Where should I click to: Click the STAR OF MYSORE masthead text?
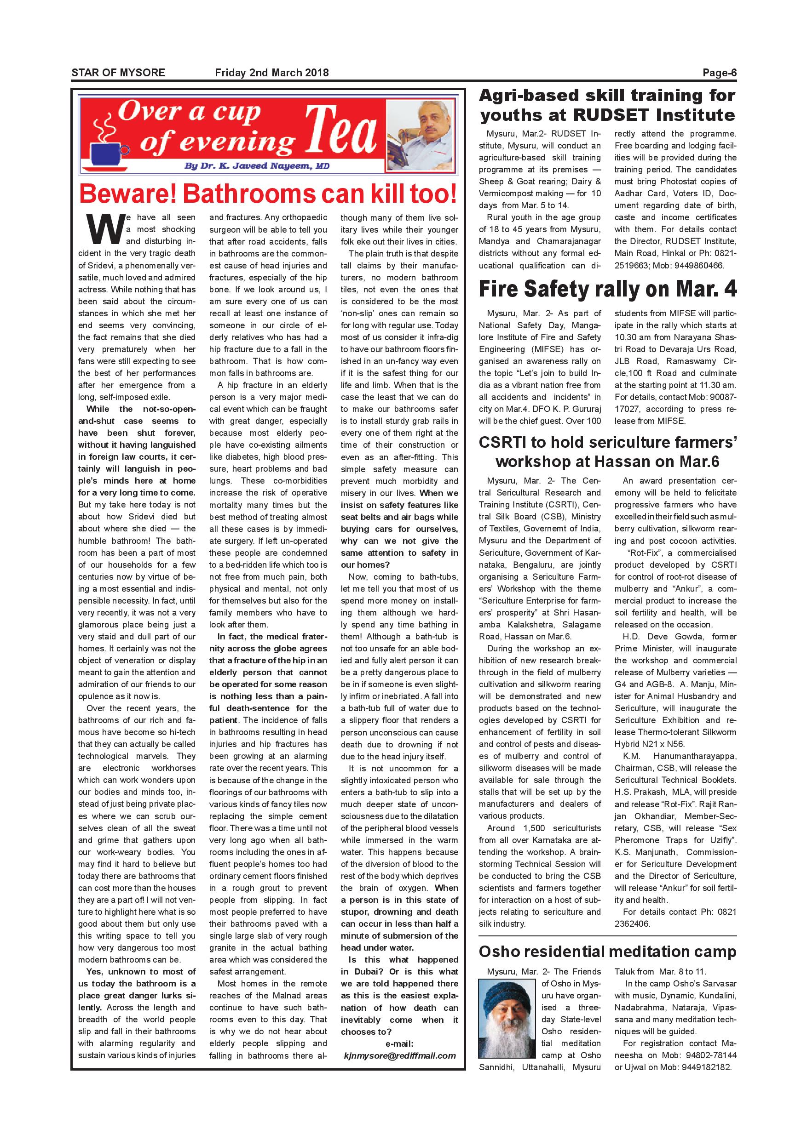[x=118, y=73]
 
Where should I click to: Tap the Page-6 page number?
[x=719, y=73]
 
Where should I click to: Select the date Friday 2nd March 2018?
[x=272, y=73]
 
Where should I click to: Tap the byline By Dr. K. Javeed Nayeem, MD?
[x=256, y=166]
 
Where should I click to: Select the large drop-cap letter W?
[x=105, y=229]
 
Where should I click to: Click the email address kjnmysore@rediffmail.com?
[x=399, y=1056]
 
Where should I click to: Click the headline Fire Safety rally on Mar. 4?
[x=607, y=290]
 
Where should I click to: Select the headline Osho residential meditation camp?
[x=607, y=952]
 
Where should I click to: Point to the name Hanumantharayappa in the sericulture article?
[x=695, y=756]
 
